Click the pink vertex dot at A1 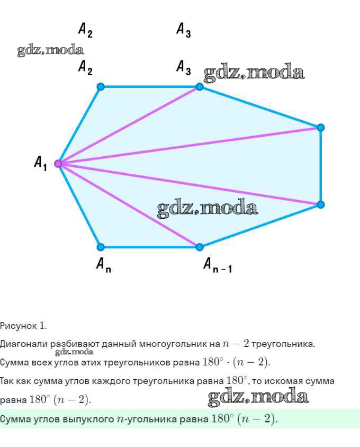coord(58,163)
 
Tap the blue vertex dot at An coord(101,247)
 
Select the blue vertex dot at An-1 coord(200,247)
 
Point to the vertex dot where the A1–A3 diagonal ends coord(200,86)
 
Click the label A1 coord(41,163)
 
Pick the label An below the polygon coord(103,264)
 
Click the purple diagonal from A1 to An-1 coord(129,205)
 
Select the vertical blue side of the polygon coord(320,166)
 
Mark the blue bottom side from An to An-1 coord(150,247)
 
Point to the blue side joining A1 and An coord(79,205)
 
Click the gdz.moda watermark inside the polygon coord(208,209)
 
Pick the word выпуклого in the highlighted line coord(85,419)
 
